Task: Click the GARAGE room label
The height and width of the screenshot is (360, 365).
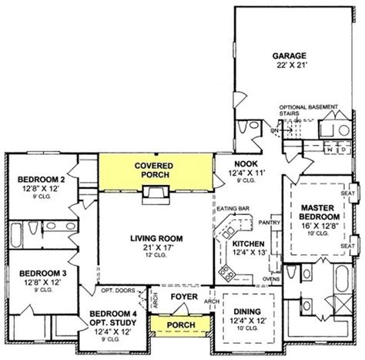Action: tap(290, 56)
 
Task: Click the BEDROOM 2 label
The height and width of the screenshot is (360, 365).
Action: tap(40, 181)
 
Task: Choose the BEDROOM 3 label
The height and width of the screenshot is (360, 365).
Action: tap(39, 274)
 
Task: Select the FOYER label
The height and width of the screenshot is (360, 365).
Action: tap(182, 296)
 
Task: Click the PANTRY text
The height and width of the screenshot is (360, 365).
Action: tap(270, 222)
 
